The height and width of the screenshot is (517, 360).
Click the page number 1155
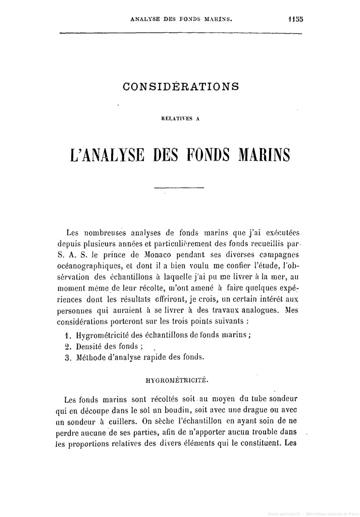(x=293, y=19)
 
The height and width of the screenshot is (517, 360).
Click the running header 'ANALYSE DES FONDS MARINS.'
(x=182, y=20)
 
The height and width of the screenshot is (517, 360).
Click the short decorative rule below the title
(x=179, y=188)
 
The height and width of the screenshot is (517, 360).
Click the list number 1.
(x=68, y=335)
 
